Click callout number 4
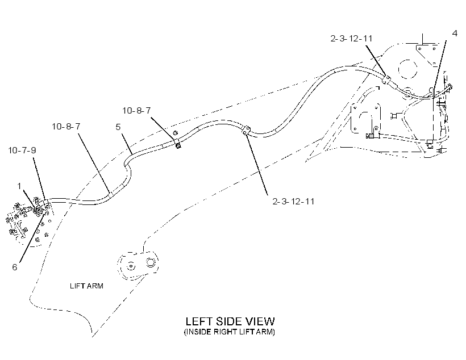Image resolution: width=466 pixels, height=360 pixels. [455, 34]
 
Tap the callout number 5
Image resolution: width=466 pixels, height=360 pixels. [118, 127]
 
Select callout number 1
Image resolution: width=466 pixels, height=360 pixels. [19, 186]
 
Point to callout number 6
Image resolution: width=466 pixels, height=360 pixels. [15, 267]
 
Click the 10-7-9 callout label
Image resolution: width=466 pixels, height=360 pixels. [22, 150]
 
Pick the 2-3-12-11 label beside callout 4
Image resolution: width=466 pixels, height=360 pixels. [351, 38]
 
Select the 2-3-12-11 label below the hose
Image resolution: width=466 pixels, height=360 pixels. [293, 202]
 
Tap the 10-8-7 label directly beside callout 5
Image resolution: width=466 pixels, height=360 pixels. [66, 127]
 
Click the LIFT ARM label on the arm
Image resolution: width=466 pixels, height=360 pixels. [86, 286]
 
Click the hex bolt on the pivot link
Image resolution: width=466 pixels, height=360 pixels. [150, 262]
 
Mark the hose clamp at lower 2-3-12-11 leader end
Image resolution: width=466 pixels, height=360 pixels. [246, 131]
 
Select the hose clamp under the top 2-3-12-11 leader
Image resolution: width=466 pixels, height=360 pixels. [386, 79]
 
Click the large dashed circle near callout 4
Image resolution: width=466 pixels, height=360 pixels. [408, 69]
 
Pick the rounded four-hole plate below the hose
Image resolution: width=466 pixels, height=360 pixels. [365, 118]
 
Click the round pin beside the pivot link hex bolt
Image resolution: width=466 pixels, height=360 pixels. [130, 266]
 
